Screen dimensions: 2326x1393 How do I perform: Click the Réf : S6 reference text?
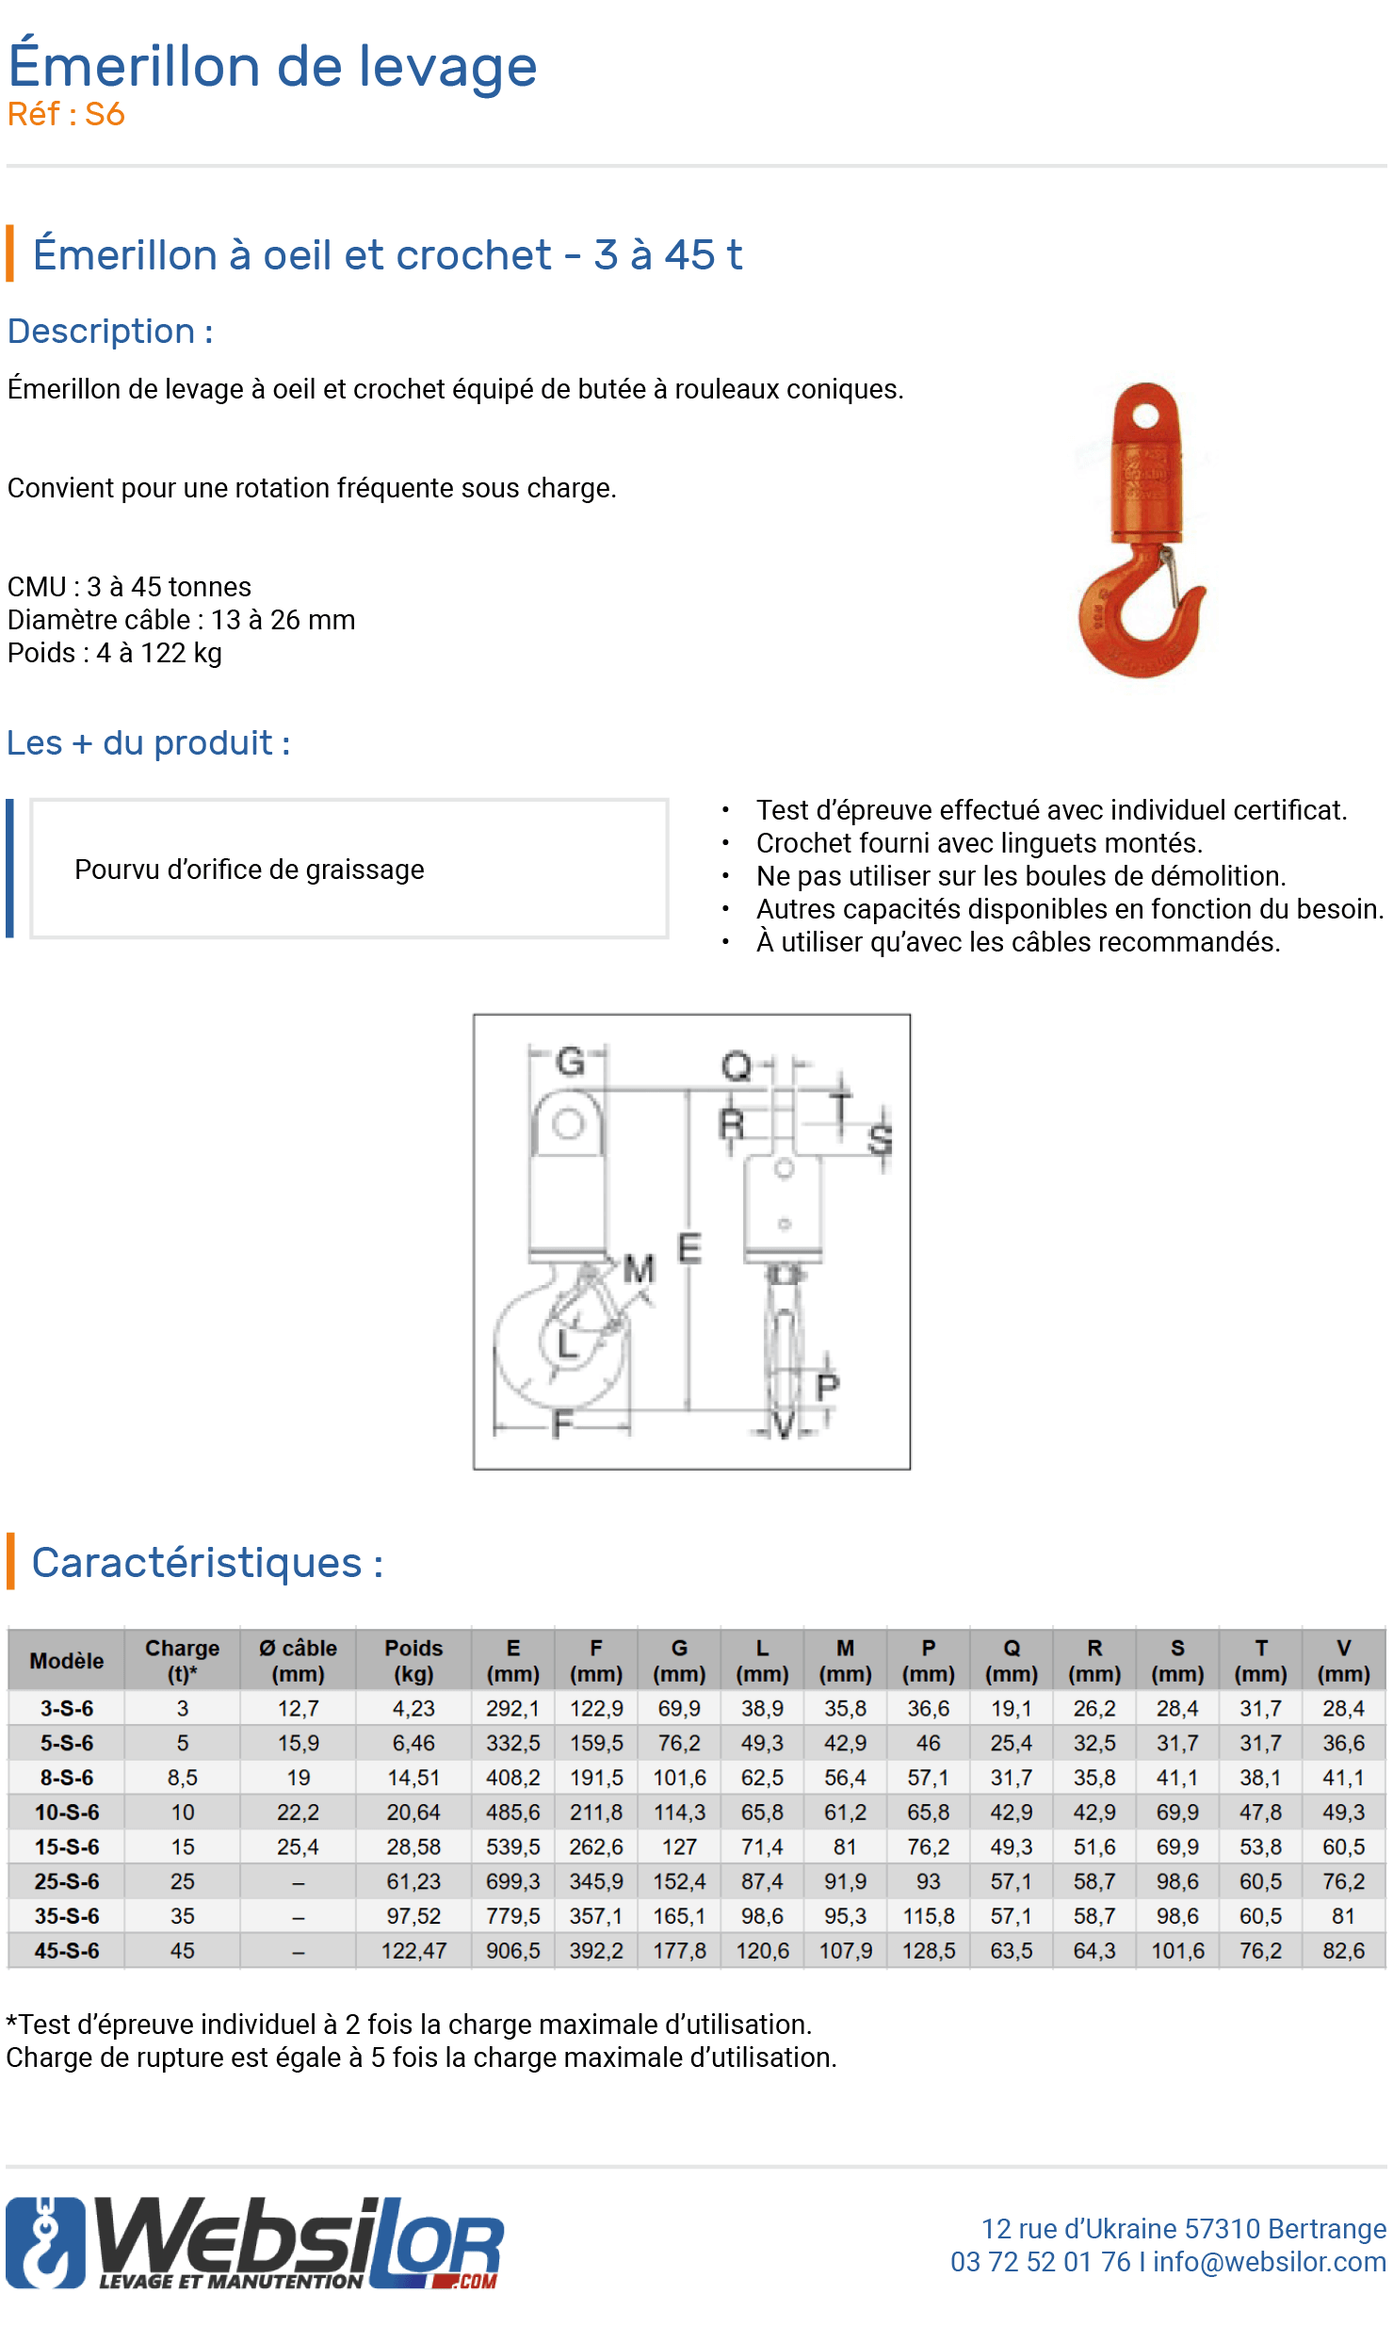pyautogui.click(x=66, y=114)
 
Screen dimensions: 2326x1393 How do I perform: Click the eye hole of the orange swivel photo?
pyautogui.click(x=1145, y=415)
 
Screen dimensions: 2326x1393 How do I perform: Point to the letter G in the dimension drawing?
pyautogui.click(x=570, y=1062)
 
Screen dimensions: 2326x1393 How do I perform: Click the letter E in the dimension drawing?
pyautogui.click(x=689, y=1248)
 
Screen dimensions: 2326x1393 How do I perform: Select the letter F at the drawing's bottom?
pyautogui.click(x=562, y=1423)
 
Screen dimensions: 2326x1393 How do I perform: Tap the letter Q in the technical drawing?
pyautogui.click(x=736, y=1066)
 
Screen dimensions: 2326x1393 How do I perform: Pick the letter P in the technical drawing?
pyautogui.click(x=827, y=1387)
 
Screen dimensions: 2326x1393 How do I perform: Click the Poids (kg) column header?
pyautogui.click(x=413, y=1660)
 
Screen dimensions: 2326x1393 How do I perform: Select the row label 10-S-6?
pyautogui.click(x=67, y=1812)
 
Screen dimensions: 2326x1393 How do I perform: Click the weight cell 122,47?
pyautogui.click(x=413, y=1950)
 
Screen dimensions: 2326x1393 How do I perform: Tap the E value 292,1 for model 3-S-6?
pyautogui.click(x=512, y=1708)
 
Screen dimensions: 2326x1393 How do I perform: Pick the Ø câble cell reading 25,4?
pyautogui.click(x=298, y=1846)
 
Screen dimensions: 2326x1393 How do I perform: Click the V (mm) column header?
pyautogui.click(x=1343, y=1660)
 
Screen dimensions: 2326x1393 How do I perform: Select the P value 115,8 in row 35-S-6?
pyautogui.click(x=928, y=1915)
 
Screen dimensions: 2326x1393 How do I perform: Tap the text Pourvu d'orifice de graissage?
pyautogui.click(x=250, y=869)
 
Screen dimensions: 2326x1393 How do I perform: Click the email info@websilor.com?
pyautogui.click(x=1269, y=2261)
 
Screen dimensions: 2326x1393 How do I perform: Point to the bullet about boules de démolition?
pyautogui.click(x=1020, y=876)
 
